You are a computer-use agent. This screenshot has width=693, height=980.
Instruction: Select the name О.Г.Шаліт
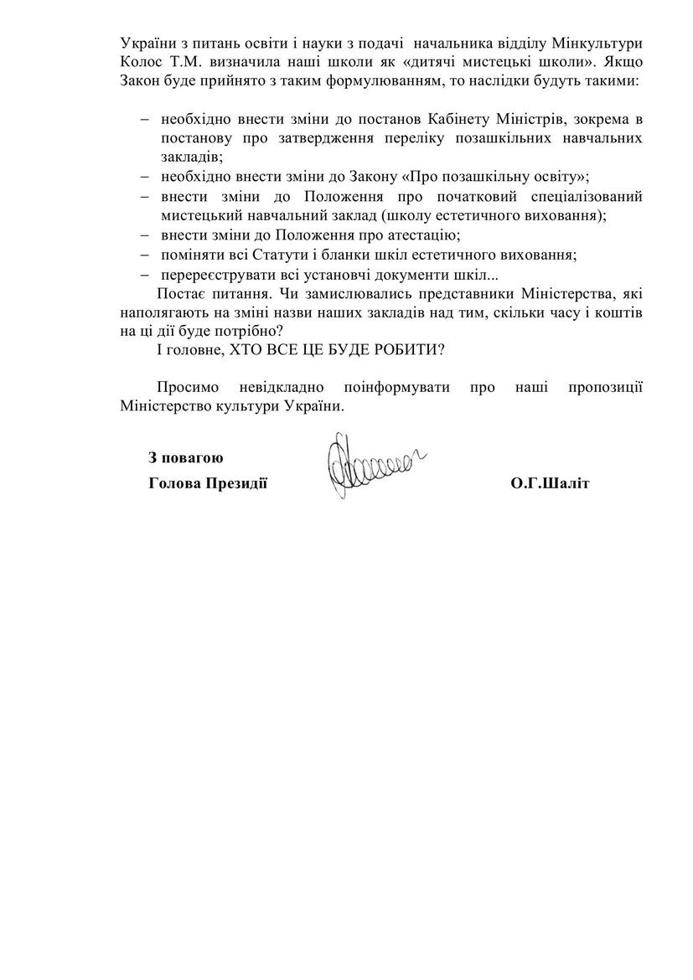pyautogui.click(x=549, y=484)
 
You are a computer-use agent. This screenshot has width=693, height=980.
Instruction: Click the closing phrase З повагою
pyautogui.click(x=185, y=457)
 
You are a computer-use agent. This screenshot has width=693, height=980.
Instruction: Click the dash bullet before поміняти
pyautogui.click(x=145, y=255)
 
